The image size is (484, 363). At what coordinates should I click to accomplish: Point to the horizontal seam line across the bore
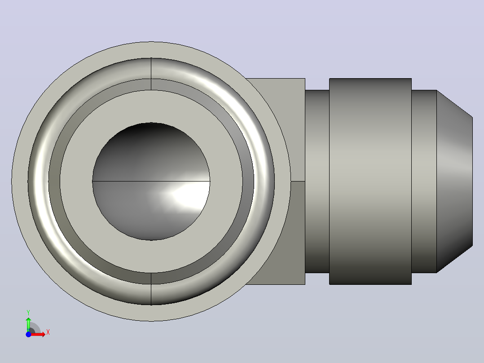pyautogui.click(x=151, y=181)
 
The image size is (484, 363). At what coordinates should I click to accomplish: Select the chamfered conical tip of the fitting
pyautogui.click(x=454, y=181)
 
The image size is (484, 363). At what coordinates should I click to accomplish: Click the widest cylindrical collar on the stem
pyautogui.click(x=370, y=181)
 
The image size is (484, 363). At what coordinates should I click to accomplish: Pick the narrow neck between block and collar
pyautogui.click(x=317, y=181)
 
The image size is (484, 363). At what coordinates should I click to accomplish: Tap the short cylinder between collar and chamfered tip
pyautogui.click(x=424, y=181)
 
